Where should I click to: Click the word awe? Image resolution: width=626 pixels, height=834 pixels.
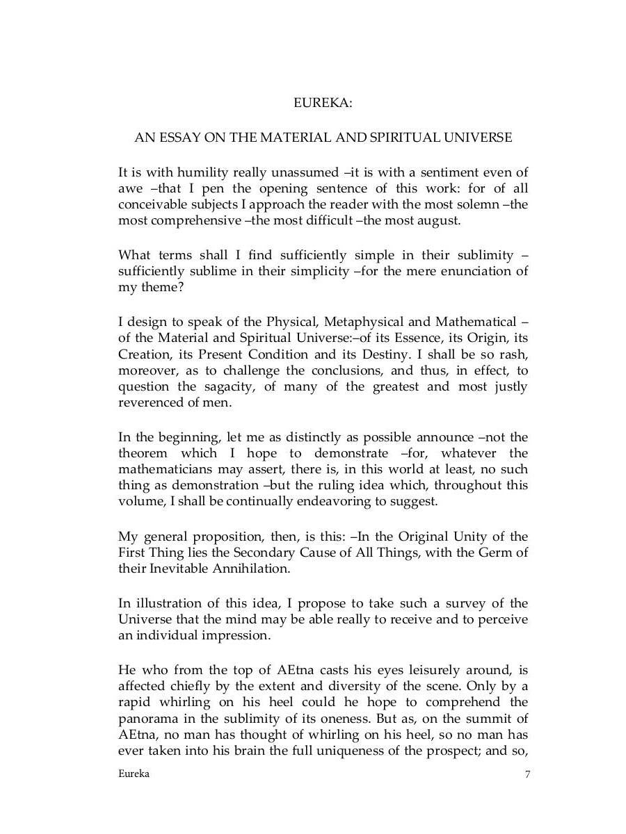point(130,189)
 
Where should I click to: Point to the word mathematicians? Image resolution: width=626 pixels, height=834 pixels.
point(164,470)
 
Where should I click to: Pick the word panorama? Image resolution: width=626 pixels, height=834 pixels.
point(149,719)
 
